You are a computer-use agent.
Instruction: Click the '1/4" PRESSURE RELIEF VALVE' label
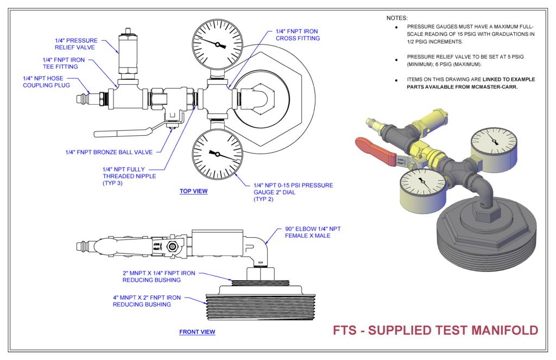76,43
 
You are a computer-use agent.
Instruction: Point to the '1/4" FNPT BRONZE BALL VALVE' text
109,152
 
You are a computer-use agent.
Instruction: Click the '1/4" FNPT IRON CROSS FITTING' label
298,35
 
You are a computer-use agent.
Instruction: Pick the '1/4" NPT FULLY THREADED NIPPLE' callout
129,176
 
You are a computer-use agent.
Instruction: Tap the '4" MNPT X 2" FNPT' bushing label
147,301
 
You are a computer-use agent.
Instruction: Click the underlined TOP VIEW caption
193,191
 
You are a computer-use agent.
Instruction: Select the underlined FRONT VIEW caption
197,332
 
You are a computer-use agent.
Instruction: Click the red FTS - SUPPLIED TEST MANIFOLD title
435,330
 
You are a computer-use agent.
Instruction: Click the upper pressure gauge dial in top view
217,43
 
